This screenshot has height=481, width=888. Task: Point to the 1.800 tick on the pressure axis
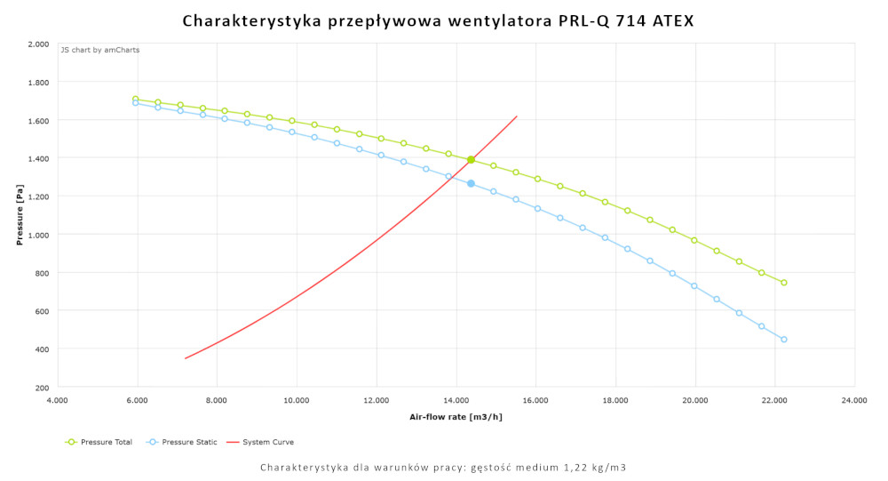point(37,82)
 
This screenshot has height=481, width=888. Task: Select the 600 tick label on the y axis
point(41,310)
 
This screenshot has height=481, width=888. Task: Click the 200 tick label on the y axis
point(41,387)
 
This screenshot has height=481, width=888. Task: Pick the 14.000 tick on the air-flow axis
point(456,401)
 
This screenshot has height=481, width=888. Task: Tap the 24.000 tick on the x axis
point(854,401)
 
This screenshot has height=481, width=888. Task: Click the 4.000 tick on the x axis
point(57,401)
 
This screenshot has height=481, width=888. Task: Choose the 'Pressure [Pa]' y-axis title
point(20,215)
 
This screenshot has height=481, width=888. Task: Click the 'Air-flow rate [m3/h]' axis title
point(455,417)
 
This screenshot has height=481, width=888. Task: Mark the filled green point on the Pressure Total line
point(471,160)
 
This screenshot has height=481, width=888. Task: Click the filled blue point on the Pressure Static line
point(471,183)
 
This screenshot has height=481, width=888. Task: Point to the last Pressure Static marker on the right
point(783,339)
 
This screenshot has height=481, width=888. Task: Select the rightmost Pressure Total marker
point(783,283)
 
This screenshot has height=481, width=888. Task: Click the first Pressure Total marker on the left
point(136,100)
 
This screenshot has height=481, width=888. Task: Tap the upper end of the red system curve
point(516,116)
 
